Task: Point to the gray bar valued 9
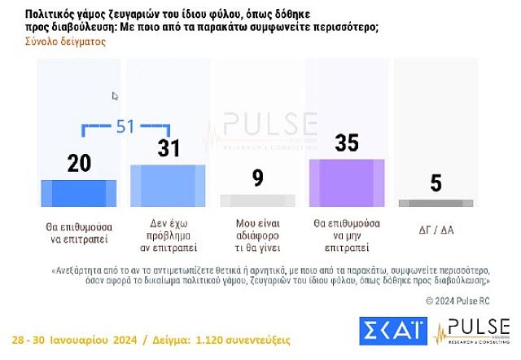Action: [257, 200]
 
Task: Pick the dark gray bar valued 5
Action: [436, 201]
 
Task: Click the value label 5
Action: [436, 184]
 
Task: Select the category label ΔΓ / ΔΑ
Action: [436, 230]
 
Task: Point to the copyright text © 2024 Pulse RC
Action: [458, 301]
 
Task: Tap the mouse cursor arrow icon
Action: [115, 96]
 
